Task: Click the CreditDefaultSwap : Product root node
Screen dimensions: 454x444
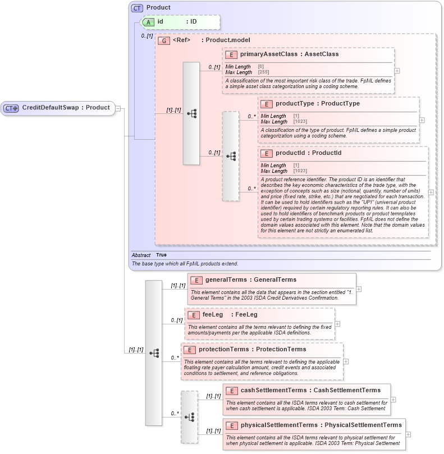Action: (x=58, y=108)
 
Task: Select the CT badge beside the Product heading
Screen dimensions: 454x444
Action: (x=137, y=8)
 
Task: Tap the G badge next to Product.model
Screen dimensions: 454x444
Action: (x=164, y=40)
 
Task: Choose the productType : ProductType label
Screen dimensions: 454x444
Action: (x=318, y=104)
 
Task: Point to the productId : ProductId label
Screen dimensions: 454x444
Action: (x=308, y=153)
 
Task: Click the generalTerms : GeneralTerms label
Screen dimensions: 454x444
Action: (x=250, y=279)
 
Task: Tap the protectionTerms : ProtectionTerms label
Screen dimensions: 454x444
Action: (x=252, y=350)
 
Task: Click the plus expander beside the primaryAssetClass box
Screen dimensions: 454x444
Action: (x=397, y=71)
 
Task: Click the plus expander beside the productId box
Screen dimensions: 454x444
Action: (x=431, y=192)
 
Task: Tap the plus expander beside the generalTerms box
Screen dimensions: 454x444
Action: (x=359, y=289)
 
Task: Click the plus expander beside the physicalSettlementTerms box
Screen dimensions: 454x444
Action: (x=408, y=434)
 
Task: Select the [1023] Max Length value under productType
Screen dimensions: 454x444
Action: (x=300, y=122)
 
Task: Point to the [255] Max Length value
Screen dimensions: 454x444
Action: (x=263, y=72)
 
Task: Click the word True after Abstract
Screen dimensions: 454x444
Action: (x=161, y=255)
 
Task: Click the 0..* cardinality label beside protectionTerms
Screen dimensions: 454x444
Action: (x=175, y=357)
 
